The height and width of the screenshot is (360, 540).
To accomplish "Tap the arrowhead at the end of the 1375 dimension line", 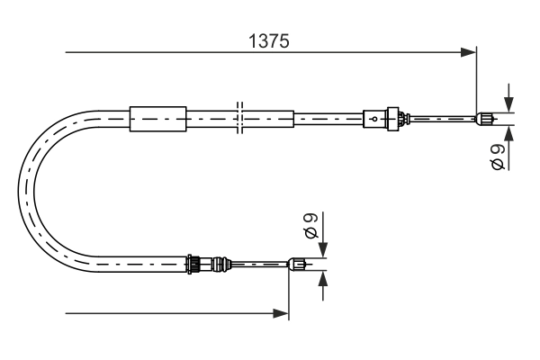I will pos(468,53).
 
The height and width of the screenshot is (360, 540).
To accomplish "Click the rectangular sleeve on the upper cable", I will pos(157,117).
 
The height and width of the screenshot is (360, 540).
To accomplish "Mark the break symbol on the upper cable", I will pos(239,117).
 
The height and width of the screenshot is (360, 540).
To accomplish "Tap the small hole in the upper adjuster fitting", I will pos(373,117).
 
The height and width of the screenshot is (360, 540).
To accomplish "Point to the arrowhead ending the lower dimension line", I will pos(282,313).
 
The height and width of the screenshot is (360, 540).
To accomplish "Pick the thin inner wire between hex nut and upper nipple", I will pos(441,117).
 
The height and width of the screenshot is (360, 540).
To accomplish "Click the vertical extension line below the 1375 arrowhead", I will pos(475,85).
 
